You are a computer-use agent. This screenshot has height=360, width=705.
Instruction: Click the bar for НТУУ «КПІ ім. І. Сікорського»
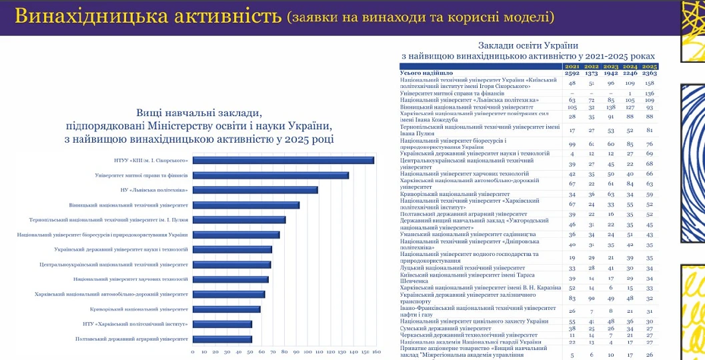[x=283, y=160]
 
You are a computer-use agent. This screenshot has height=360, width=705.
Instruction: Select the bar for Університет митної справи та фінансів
[x=270, y=175]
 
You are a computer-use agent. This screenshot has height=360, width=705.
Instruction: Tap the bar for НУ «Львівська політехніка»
[x=255, y=190]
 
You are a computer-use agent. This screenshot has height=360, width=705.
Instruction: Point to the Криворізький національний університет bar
[x=226, y=309]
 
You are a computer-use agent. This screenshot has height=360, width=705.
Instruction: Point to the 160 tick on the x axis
[x=376, y=352]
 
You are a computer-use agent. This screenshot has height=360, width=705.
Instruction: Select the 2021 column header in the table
[x=572, y=67]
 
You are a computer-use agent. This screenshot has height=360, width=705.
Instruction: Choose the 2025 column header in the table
[x=650, y=67]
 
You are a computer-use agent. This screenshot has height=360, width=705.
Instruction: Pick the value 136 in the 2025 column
[x=650, y=94]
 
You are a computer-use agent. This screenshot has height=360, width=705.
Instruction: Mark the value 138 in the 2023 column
[x=611, y=107]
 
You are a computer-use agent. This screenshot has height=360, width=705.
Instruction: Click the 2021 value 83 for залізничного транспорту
[x=572, y=298]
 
